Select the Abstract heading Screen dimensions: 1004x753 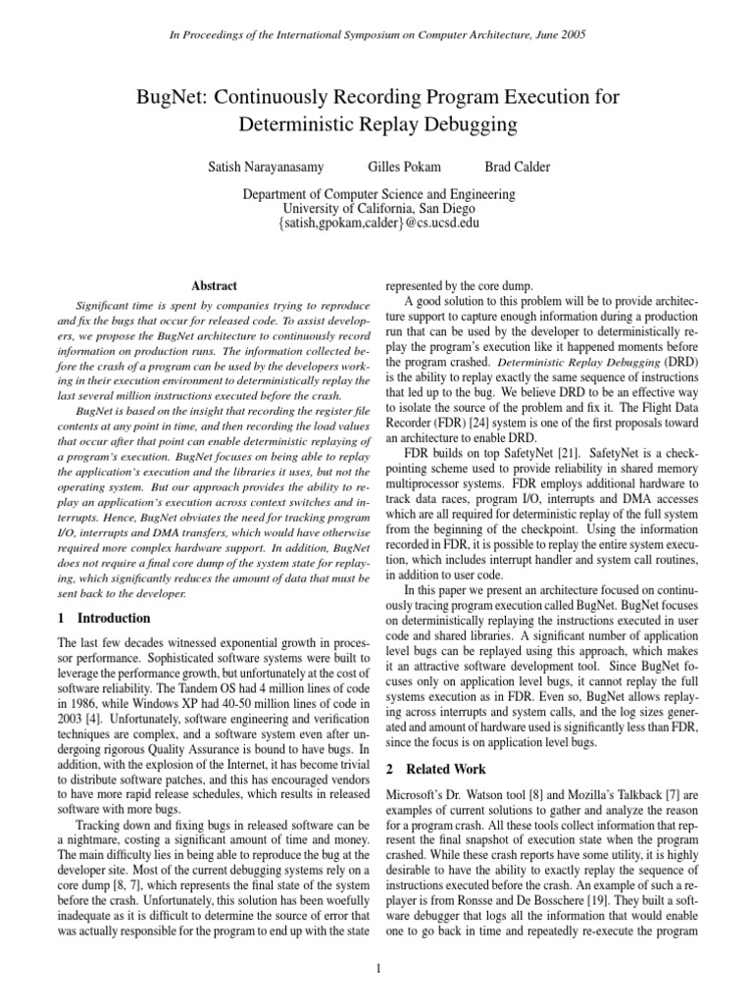(x=214, y=285)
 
